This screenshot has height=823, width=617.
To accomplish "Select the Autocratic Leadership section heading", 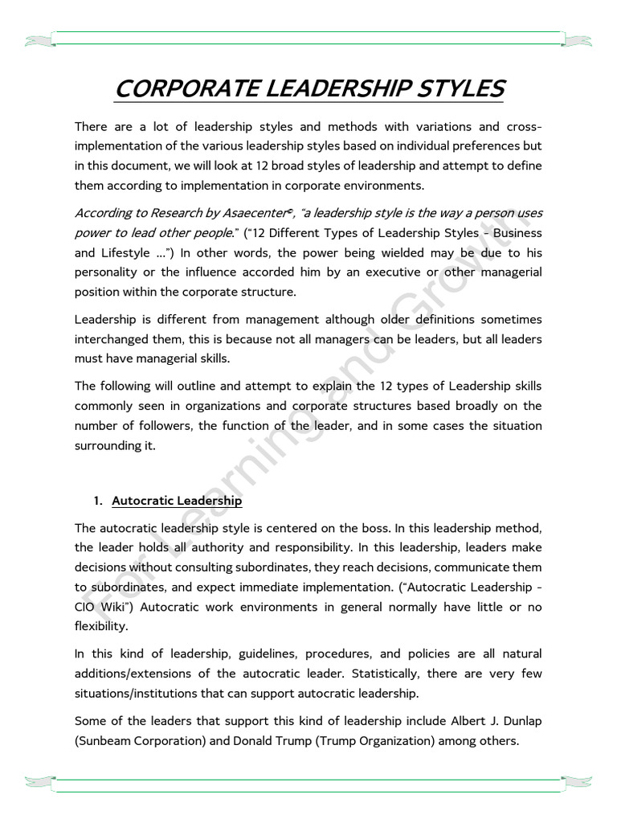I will pos(177,501).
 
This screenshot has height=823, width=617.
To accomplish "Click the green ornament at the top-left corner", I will pos(39,39).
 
